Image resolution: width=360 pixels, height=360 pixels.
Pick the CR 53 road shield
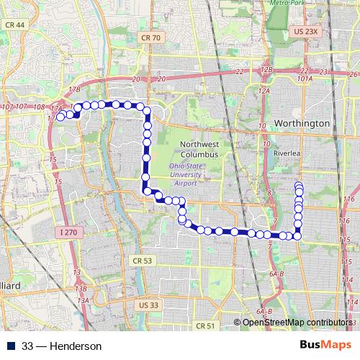(143, 260)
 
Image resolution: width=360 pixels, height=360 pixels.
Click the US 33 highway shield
(148, 305)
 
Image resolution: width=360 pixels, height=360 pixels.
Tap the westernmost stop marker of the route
(62, 115)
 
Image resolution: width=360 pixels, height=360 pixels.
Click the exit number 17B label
(73, 90)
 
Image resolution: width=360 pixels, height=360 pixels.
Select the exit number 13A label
(83, 300)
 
